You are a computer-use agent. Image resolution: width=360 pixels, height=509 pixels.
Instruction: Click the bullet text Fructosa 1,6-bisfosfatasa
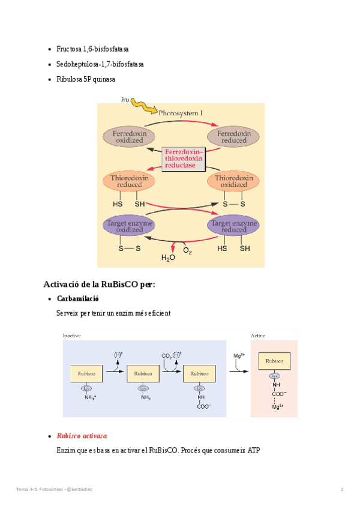92,49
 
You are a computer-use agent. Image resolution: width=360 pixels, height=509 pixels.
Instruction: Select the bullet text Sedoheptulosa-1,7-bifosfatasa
100,64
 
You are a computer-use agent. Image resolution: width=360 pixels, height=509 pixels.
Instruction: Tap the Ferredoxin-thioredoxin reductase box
184,158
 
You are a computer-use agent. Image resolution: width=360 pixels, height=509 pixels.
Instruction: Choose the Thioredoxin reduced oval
130,181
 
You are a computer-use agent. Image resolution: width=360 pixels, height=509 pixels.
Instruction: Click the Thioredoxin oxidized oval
233,181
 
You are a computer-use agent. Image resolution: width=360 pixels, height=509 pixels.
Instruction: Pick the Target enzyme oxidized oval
130,226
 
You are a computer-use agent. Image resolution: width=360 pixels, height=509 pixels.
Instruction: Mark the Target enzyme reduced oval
233,226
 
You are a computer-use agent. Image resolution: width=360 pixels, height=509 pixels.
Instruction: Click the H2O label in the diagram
168,258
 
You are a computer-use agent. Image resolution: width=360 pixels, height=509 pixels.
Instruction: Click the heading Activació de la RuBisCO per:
99,284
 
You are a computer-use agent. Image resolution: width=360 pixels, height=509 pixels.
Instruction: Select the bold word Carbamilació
77,298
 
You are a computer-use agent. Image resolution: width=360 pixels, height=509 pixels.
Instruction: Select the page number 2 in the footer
341,490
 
